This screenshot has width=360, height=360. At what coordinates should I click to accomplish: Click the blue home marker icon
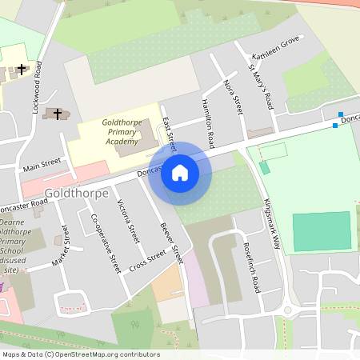[x=180, y=173]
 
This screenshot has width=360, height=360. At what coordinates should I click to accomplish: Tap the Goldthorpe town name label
[x=77, y=193]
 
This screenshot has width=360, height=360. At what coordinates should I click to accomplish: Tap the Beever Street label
[x=171, y=242]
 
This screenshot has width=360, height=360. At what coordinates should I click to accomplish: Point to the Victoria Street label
[x=128, y=221]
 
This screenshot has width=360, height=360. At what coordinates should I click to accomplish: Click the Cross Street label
[x=147, y=260]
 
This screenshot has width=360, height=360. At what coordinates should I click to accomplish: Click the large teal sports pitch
[x=322, y=231]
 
